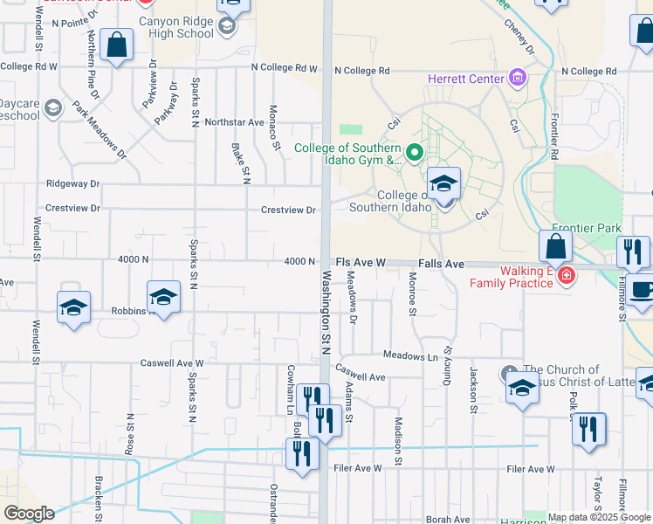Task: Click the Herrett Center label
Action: [x=466, y=79]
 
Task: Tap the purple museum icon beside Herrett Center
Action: [x=518, y=79]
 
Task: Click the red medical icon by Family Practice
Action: [x=567, y=276]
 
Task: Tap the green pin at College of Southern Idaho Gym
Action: [x=416, y=154]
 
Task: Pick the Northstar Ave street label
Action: [x=234, y=122]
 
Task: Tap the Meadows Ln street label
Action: [x=409, y=355]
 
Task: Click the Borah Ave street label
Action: [x=449, y=519]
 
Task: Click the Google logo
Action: [x=28, y=514]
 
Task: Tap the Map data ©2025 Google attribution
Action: [x=598, y=517]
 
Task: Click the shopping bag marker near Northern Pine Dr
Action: [x=116, y=45]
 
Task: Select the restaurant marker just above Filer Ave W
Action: [x=301, y=454]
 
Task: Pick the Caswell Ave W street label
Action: [x=173, y=363]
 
